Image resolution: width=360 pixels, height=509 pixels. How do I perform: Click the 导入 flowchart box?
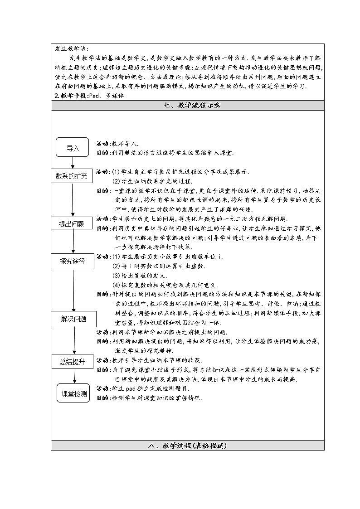73,148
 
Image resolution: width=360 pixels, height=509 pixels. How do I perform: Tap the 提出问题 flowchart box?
72,223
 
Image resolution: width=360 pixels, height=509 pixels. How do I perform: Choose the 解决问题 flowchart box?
73,319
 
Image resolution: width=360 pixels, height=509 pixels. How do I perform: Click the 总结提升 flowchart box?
72,361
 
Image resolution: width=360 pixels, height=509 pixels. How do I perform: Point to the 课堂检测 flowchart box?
74,394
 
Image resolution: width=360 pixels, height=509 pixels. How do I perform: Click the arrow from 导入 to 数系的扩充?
73,163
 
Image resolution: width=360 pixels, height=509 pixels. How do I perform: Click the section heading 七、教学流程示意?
187,106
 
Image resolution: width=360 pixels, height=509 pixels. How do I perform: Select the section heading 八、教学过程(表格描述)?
187,446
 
